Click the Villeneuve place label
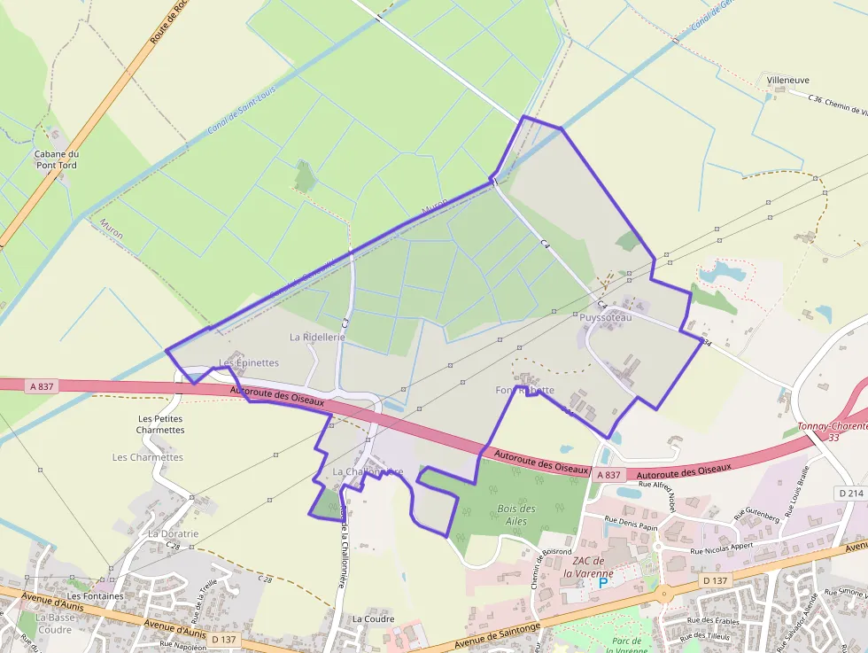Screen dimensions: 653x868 click(787, 81)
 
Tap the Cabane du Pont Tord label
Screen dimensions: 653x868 click(56, 159)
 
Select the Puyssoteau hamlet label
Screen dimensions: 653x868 click(606, 317)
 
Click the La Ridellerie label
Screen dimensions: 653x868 click(317, 338)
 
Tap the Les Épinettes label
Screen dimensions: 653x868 click(249, 363)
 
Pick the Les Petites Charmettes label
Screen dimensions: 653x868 click(160, 424)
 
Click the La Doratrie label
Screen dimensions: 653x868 click(174, 534)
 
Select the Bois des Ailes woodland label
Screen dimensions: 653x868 click(516, 515)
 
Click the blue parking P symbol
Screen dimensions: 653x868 click(604, 583)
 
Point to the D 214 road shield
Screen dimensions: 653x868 click(849, 493)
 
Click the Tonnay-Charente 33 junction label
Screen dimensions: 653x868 click(832, 431)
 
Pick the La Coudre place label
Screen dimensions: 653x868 click(372, 618)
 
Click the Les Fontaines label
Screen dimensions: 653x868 click(94, 596)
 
